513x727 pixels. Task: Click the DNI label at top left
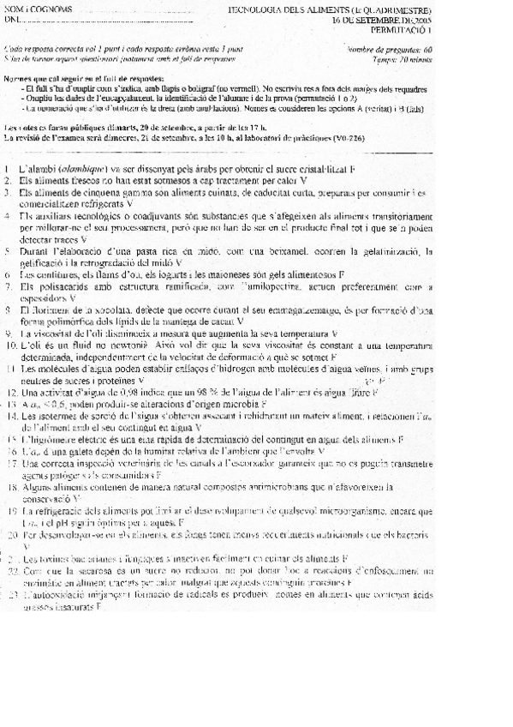click(x=13, y=19)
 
